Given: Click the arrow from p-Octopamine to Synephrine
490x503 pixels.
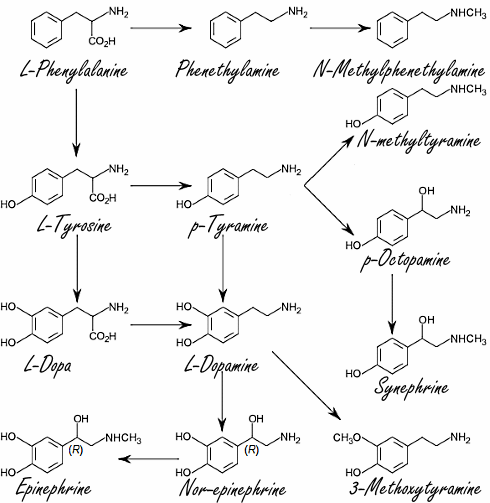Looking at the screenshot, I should coord(394,300).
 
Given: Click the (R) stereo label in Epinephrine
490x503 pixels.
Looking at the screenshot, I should coord(75,452).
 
